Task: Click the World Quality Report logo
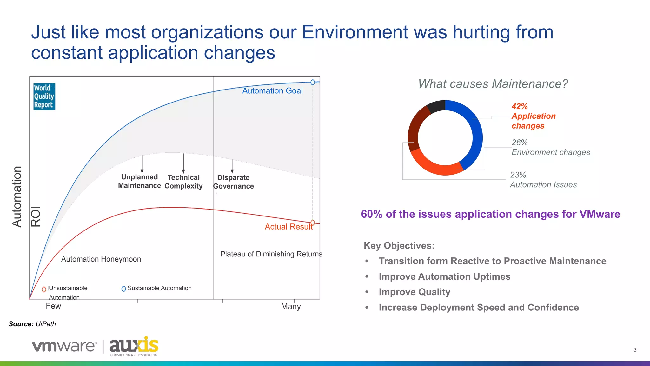(44, 96)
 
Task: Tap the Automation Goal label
(272, 91)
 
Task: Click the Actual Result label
(288, 227)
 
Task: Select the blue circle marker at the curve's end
(313, 83)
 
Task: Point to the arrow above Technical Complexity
(183, 163)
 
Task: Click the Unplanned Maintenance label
(139, 181)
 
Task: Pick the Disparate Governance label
(233, 182)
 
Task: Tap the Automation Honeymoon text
(101, 259)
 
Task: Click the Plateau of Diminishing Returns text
(271, 254)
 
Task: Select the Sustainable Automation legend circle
(124, 289)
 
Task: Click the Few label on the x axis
(53, 306)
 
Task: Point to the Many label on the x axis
(291, 306)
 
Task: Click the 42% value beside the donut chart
(520, 106)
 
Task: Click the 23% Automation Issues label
(543, 180)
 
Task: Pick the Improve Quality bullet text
(414, 292)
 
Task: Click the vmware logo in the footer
(64, 346)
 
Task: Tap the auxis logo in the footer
(134, 346)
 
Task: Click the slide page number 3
(635, 350)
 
